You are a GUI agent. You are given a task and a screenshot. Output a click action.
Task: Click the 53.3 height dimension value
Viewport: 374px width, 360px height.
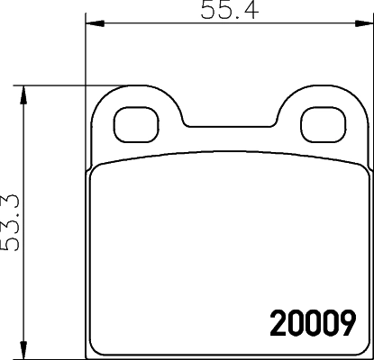pos(12,222)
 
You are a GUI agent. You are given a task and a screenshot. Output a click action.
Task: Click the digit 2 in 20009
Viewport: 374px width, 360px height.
pos(280,321)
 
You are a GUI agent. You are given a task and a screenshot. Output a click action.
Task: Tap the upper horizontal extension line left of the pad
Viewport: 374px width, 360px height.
pos(54,87)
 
